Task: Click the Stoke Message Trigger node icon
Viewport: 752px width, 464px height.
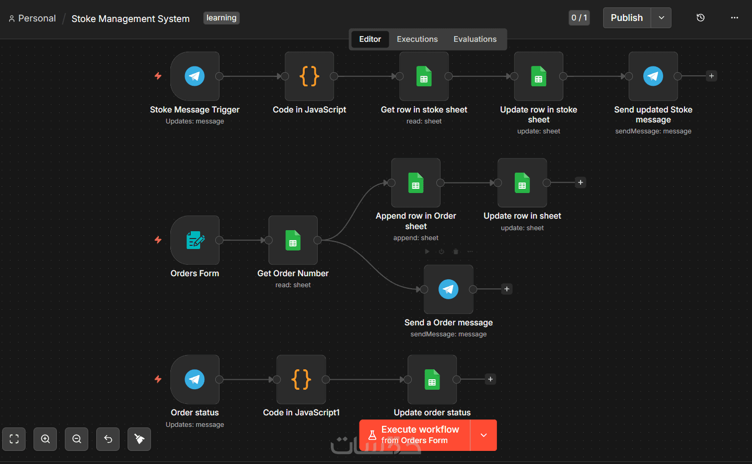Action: tap(195, 76)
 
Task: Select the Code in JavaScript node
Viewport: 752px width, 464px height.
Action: tap(309, 76)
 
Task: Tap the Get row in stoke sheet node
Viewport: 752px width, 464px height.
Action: tap(424, 76)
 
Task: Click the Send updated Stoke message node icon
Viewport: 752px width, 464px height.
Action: tap(653, 76)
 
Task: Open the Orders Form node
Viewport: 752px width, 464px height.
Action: tap(195, 240)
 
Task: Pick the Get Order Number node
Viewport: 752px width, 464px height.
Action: tap(293, 240)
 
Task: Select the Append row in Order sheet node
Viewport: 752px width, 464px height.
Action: tap(415, 183)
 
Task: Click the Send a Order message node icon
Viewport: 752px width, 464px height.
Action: tap(448, 289)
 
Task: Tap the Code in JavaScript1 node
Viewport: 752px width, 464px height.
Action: tap(301, 379)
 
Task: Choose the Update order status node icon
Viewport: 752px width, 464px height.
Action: tap(432, 379)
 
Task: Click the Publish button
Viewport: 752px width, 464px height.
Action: tap(627, 18)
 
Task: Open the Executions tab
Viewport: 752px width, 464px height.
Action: tap(417, 39)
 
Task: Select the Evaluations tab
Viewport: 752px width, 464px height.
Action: tap(475, 39)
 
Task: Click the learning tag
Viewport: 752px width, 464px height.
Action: tap(221, 18)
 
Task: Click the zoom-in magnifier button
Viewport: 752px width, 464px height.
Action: tap(45, 439)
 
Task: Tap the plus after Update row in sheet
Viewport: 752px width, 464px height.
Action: tap(581, 183)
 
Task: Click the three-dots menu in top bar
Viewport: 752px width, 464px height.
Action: tap(735, 18)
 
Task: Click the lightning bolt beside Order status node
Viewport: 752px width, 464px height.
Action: tap(158, 379)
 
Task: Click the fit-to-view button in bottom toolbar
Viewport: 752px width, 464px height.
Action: tap(14, 439)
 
